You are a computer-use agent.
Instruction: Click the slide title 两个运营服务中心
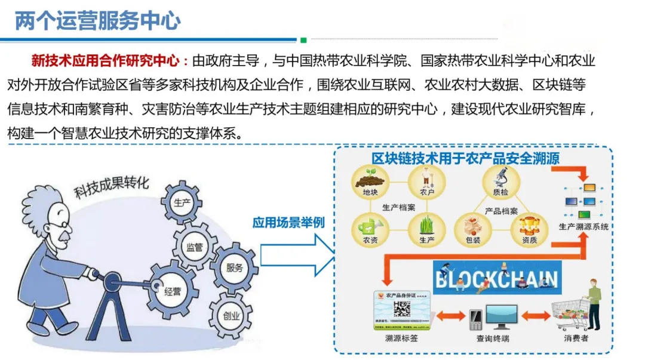pos(97,21)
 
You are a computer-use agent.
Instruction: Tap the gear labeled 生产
pos(182,202)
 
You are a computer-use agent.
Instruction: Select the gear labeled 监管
pos(195,245)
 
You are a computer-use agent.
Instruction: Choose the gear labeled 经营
pos(173,292)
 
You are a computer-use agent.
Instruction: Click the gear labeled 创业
pos(230,315)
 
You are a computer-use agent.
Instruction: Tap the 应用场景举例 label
pos(288,223)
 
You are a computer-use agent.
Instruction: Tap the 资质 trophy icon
pos(529,227)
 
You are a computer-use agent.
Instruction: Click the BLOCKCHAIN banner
pos(496,278)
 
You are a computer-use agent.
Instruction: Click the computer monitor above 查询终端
pos(500,316)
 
